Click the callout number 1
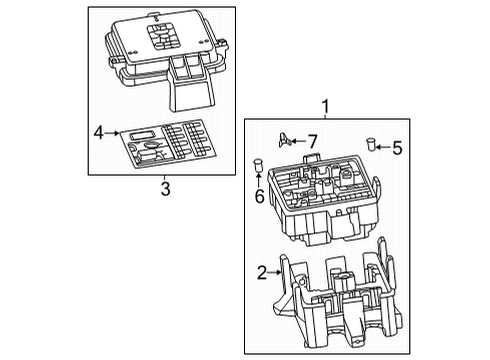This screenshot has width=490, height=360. (x=323, y=106)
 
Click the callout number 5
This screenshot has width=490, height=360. (x=397, y=148)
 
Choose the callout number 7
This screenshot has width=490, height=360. (x=312, y=141)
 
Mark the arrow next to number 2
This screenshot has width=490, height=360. (x=277, y=270)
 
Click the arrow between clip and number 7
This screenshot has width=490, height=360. (x=298, y=142)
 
